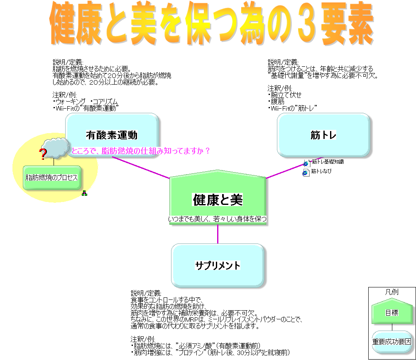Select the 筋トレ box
323,135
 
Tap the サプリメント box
218,265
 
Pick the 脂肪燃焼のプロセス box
51,178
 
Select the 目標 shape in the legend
392,312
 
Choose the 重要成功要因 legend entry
392,342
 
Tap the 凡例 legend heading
392,292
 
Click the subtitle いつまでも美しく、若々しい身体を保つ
218,219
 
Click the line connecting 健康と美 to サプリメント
218,235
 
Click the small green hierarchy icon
84,193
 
